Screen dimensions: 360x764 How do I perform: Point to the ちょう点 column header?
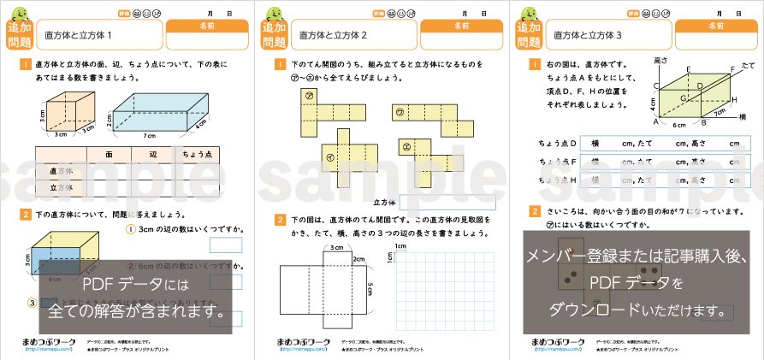pos(198,154)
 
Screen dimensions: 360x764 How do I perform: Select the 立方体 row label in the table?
pos(60,187)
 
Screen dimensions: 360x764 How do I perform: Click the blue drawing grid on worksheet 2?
pos(444,291)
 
